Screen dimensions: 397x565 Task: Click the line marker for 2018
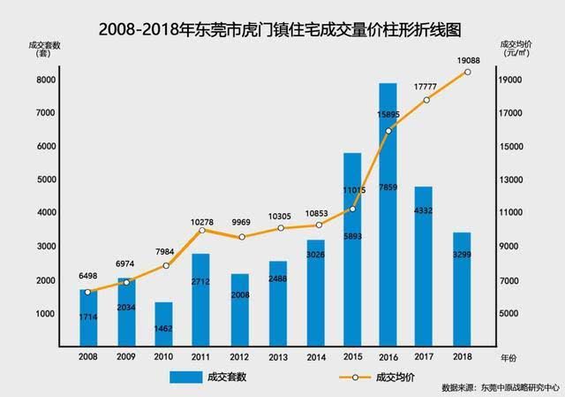coord(468,72)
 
